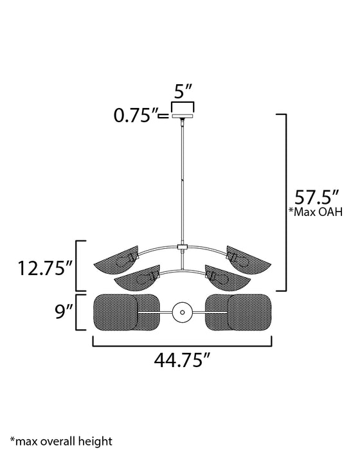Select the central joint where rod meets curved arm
[x=183, y=248]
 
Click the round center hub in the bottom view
[x=183, y=312]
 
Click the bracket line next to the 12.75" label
[x=78, y=265]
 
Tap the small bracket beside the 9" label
[x=78, y=312]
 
